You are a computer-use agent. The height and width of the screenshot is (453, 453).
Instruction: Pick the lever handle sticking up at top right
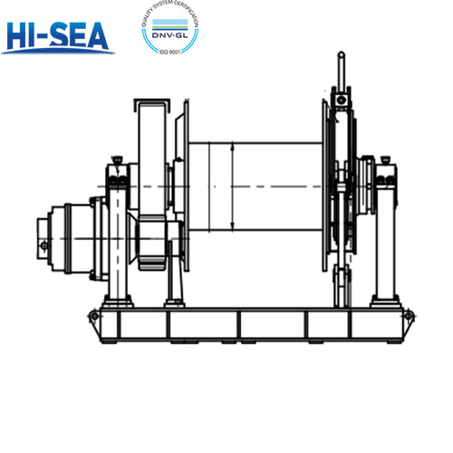341,68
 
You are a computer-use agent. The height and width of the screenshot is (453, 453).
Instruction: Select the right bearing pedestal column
386,236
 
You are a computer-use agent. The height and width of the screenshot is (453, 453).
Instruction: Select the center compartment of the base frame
272,324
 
